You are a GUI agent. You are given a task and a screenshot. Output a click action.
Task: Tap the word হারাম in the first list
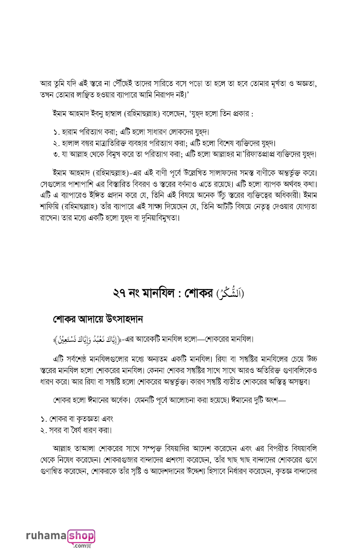click(70, 132)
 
